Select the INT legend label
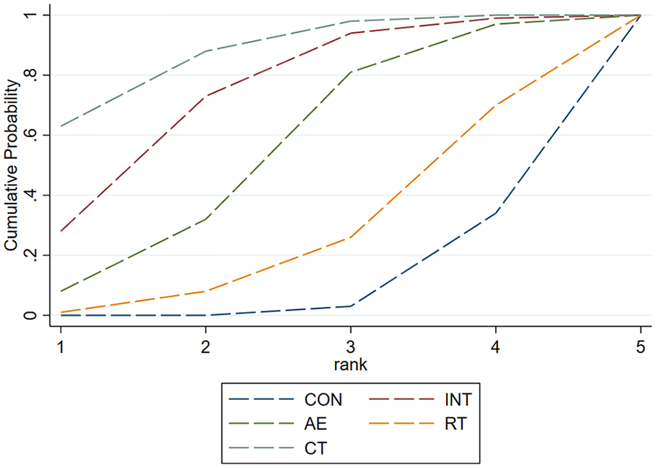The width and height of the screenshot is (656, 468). tap(457, 400)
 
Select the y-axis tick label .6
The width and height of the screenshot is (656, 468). tap(29, 135)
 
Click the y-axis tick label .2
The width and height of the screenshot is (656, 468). tap(29, 255)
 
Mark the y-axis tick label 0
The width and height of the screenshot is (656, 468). tap(29, 315)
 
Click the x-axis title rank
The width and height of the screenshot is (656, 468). tap(351, 361)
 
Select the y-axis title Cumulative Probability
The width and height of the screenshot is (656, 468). tap(11, 165)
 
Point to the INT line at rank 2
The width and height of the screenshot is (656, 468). tap(206, 96)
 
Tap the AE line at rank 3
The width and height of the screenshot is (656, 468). tap(351, 72)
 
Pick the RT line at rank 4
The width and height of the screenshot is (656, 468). tap(497, 105)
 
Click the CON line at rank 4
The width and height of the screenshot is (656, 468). tap(497, 212)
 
